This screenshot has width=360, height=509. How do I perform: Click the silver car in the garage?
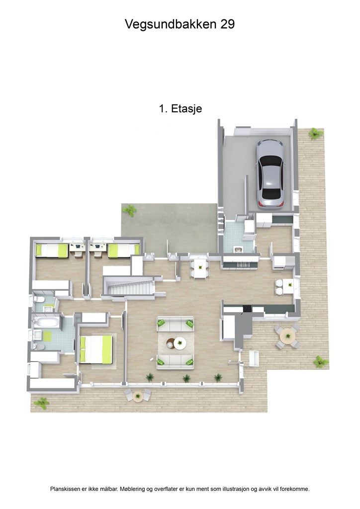click(x=270, y=173)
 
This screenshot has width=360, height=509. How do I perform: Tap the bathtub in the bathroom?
click(x=46, y=323)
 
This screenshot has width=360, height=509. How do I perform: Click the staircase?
click(x=128, y=287)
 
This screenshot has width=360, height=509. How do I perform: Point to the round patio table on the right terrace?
click(x=287, y=337)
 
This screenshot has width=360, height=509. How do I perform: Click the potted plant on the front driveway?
click(x=129, y=210)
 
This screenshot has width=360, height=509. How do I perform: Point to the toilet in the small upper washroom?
click(x=38, y=300)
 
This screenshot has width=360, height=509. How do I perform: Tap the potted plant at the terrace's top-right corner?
click(x=314, y=133)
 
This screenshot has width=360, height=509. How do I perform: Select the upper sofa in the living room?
click(x=176, y=325)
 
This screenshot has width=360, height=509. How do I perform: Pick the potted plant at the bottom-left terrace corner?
click(x=42, y=403)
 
